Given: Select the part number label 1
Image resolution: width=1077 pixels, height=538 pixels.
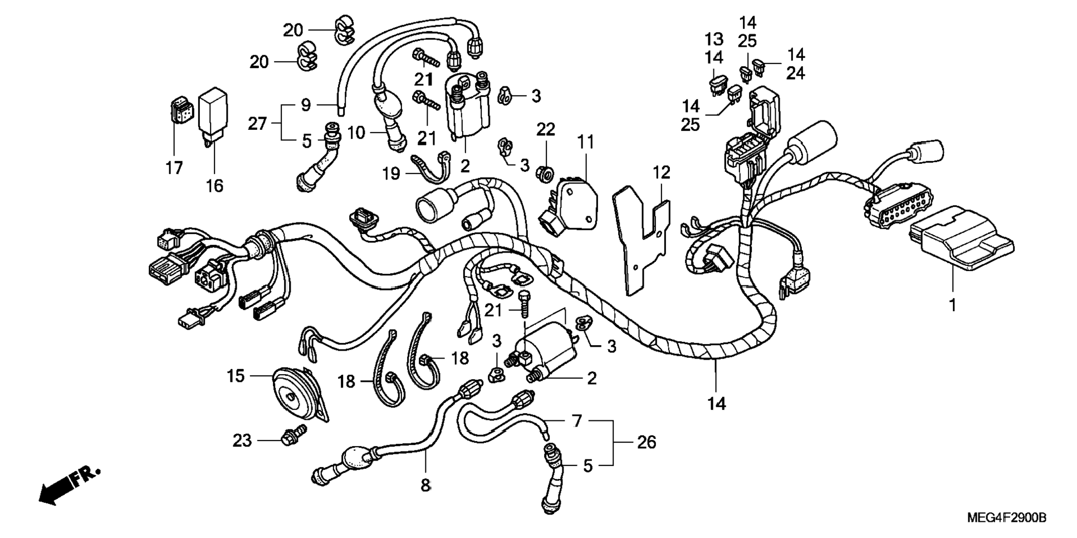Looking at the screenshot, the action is point(952,305).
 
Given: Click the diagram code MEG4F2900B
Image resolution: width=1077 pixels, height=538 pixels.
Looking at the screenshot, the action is point(1006,518).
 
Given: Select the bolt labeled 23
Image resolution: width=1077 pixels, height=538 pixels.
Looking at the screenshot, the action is point(293,435).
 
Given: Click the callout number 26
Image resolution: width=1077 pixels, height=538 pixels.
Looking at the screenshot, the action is point(646,442).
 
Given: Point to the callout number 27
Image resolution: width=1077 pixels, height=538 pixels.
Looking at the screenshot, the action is point(257,123).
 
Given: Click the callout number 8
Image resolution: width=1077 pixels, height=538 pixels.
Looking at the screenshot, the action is point(425,485).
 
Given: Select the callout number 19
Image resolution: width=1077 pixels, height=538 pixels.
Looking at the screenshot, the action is point(391,173).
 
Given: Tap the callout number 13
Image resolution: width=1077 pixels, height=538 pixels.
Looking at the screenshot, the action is point(714,39).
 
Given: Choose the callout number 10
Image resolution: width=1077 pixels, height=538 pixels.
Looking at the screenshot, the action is point(356,133).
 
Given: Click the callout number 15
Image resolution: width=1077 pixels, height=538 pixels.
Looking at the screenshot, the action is point(236,376).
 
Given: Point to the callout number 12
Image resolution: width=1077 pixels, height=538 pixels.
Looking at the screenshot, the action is point(662,172).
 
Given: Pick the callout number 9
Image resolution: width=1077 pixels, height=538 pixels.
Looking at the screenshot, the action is point(306,104).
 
